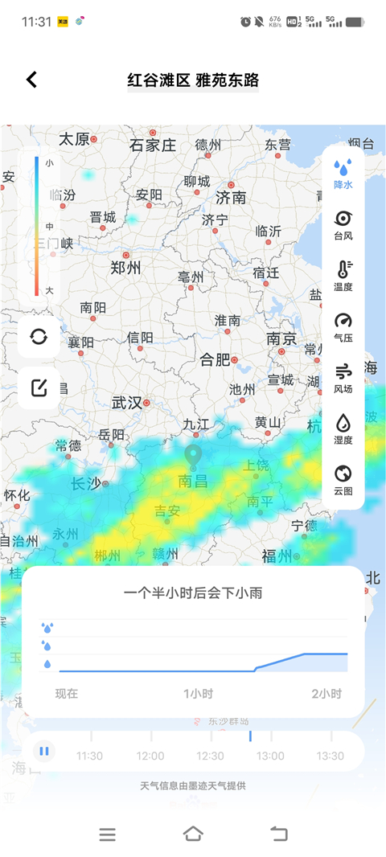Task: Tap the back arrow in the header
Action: [x=31, y=80]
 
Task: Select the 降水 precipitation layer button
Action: [x=343, y=173]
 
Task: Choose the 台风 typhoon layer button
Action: [x=343, y=225]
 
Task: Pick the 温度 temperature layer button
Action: [x=343, y=276]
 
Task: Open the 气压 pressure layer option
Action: [x=343, y=327]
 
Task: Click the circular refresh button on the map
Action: [x=39, y=336]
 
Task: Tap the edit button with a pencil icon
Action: [x=39, y=388]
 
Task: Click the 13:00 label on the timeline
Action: [x=270, y=756]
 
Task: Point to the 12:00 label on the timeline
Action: [x=150, y=756]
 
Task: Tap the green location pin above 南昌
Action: [x=193, y=456]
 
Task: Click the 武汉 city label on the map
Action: [x=127, y=402]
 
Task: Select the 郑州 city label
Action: [x=125, y=268]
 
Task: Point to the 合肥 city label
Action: [x=216, y=359]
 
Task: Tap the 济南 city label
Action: [x=231, y=197]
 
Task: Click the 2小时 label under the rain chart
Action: [x=326, y=694]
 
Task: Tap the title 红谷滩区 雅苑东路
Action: [x=193, y=80]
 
